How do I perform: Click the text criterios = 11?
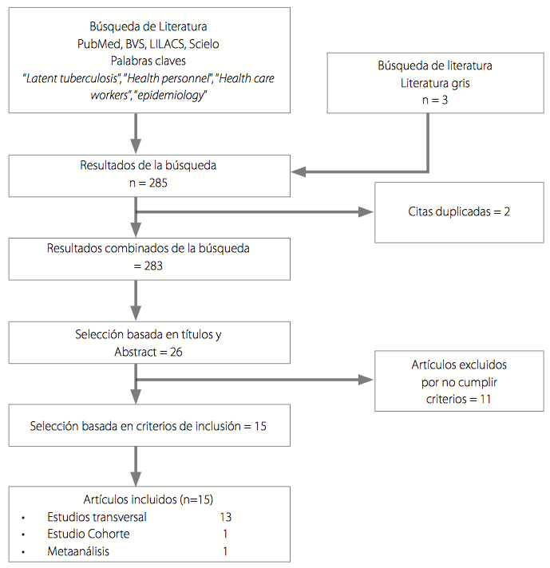tap(458, 397)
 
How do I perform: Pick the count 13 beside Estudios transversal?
tap(225, 517)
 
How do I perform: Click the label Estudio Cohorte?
tap(88, 534)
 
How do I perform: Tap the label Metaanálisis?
tap(78, 551)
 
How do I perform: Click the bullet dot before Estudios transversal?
tap(25, 518)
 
